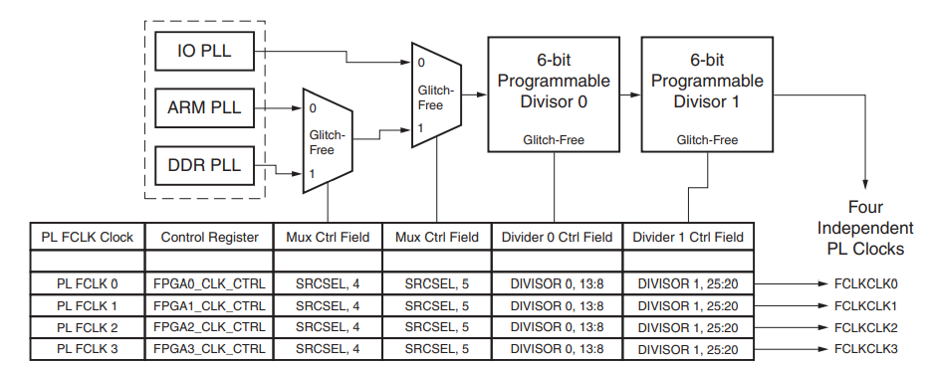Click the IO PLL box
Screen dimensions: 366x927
(x=205, y=51)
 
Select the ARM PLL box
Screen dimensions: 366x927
(x=205, y=107)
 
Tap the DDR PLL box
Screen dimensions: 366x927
(x=205, y=164)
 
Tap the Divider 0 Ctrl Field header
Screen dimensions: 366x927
(x=557, y=237)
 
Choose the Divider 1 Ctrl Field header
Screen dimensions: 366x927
(x=687, y=237)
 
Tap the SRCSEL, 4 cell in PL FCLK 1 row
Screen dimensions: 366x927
(x=328, y=305)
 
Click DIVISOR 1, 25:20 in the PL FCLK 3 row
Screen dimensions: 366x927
(x=687, y=349)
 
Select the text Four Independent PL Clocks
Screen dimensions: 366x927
(x=864, y=228)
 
